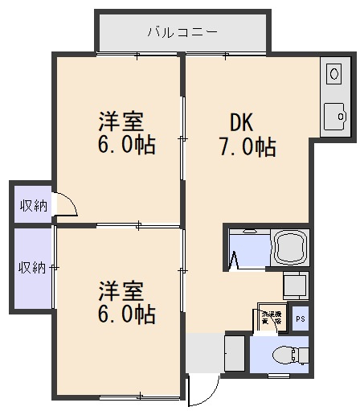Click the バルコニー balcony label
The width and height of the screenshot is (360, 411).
point(182,33)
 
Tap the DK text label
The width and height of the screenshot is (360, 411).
point(242,123)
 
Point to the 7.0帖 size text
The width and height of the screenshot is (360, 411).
point(247,147)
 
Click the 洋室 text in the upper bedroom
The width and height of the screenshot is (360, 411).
point(121,122)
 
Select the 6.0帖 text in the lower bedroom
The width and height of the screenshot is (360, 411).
point(126,313)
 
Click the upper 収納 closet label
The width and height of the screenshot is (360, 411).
point(33,206)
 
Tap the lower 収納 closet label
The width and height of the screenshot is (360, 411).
point(33,267)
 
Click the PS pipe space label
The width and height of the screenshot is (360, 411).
point(300,319)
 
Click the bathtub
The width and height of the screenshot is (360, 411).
point(290,249)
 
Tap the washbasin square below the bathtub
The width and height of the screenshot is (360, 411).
point(296,285)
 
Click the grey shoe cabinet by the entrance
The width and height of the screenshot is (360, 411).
point(234,354)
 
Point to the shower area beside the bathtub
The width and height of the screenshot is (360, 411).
point(246,249)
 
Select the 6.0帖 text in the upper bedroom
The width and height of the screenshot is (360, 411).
point(126,146)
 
